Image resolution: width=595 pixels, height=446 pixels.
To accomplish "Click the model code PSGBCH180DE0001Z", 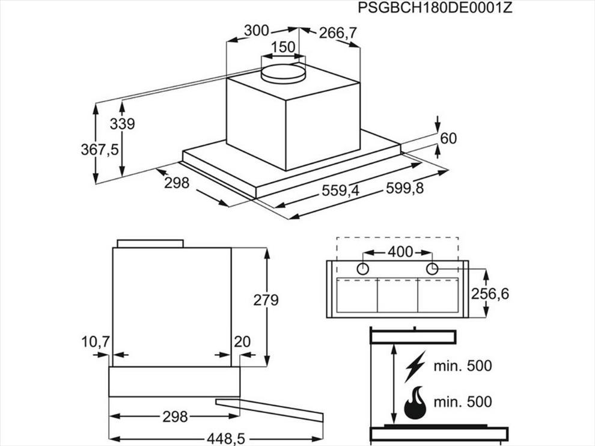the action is coord(435,8).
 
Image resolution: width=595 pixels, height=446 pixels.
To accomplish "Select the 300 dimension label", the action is coord(256,31).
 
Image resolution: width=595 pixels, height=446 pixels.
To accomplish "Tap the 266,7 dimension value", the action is coord(338,34).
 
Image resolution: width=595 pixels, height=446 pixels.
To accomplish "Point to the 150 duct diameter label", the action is coord(284,47).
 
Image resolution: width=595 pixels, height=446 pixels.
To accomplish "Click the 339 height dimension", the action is coord(122,124).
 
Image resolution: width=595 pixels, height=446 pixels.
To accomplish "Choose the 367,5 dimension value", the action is coord(99,150).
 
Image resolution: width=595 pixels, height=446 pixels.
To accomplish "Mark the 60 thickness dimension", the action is coord(448,138).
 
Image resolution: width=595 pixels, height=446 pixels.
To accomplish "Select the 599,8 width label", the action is coord(404,188).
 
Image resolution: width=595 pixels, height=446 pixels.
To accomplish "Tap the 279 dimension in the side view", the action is coord(266,300).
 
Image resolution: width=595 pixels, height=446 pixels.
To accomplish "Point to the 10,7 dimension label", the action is coord(96,342).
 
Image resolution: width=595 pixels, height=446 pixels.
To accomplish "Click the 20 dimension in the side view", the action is coord(242,341).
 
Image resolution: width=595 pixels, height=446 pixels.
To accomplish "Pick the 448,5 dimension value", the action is coord(226,439).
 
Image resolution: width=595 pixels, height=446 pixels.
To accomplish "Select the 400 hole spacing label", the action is coord(401,251).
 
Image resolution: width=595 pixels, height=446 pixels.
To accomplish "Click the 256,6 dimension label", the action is coord(490,293).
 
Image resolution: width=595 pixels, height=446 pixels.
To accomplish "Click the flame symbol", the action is coord(415,402).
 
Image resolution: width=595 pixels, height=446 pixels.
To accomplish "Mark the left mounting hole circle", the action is coord(363,269).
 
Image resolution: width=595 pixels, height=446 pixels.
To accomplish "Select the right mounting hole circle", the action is coord(432,269).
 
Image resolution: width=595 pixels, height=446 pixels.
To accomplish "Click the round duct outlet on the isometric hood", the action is coord(283,73).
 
